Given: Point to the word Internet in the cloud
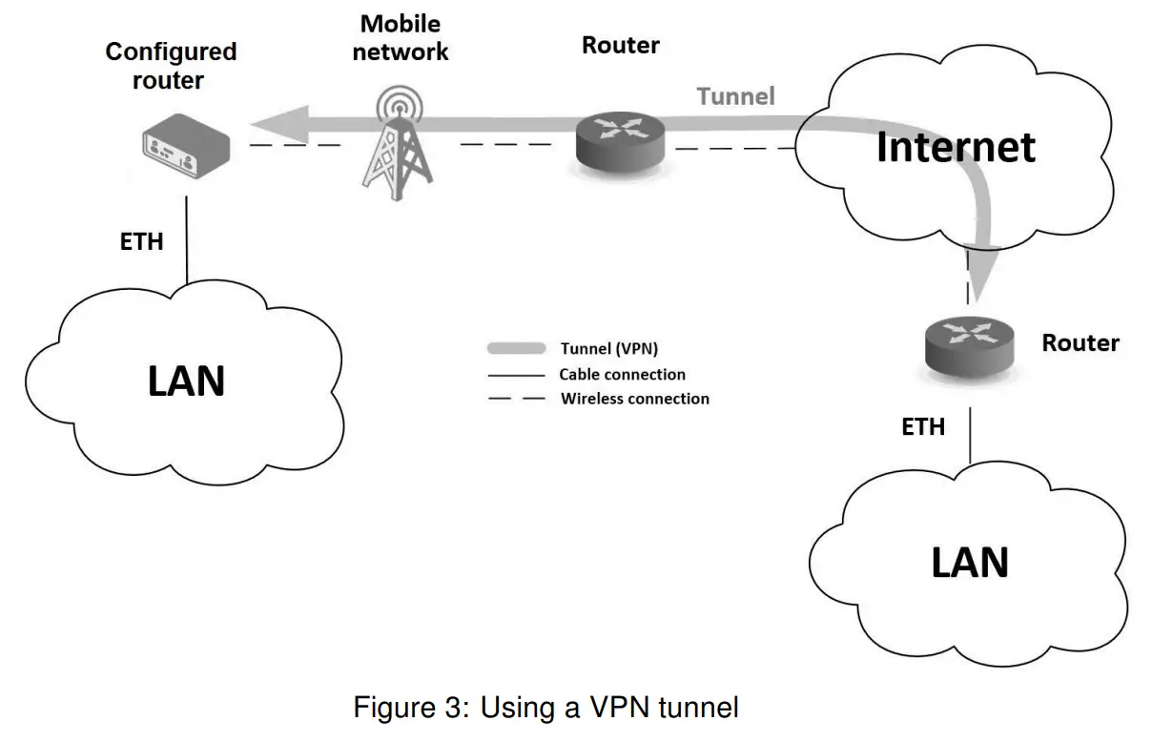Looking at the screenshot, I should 956,147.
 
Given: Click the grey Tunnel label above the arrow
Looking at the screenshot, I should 735,96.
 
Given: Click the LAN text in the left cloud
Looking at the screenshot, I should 186,381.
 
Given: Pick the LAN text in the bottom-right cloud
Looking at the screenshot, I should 969,563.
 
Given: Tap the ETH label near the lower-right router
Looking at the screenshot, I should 923,426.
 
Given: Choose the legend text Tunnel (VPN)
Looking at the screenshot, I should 608,349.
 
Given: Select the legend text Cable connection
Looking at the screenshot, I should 622,374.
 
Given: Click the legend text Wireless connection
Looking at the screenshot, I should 634,399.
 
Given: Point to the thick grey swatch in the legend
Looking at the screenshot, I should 516,348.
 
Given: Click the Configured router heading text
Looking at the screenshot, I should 171,65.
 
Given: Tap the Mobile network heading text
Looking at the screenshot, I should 401,37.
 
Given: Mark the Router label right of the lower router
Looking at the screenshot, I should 1080,342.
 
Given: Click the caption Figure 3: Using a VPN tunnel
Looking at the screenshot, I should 546,708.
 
